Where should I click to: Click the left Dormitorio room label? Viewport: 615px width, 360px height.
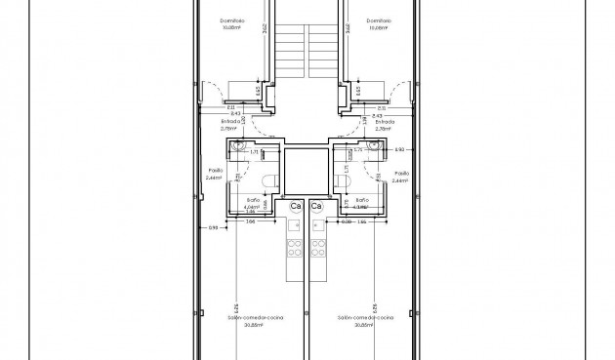tap(232, 20)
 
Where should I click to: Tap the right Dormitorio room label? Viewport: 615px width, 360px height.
tap(380, 20)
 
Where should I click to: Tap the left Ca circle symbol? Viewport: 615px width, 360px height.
tap(296, 207)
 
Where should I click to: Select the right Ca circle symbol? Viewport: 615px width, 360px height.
tap(316, 207)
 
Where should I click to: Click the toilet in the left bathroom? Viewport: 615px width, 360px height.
tap(269, 181)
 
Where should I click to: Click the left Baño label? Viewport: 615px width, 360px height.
tap(252, 199)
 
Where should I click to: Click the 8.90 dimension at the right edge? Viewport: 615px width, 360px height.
tap(398, 149)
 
